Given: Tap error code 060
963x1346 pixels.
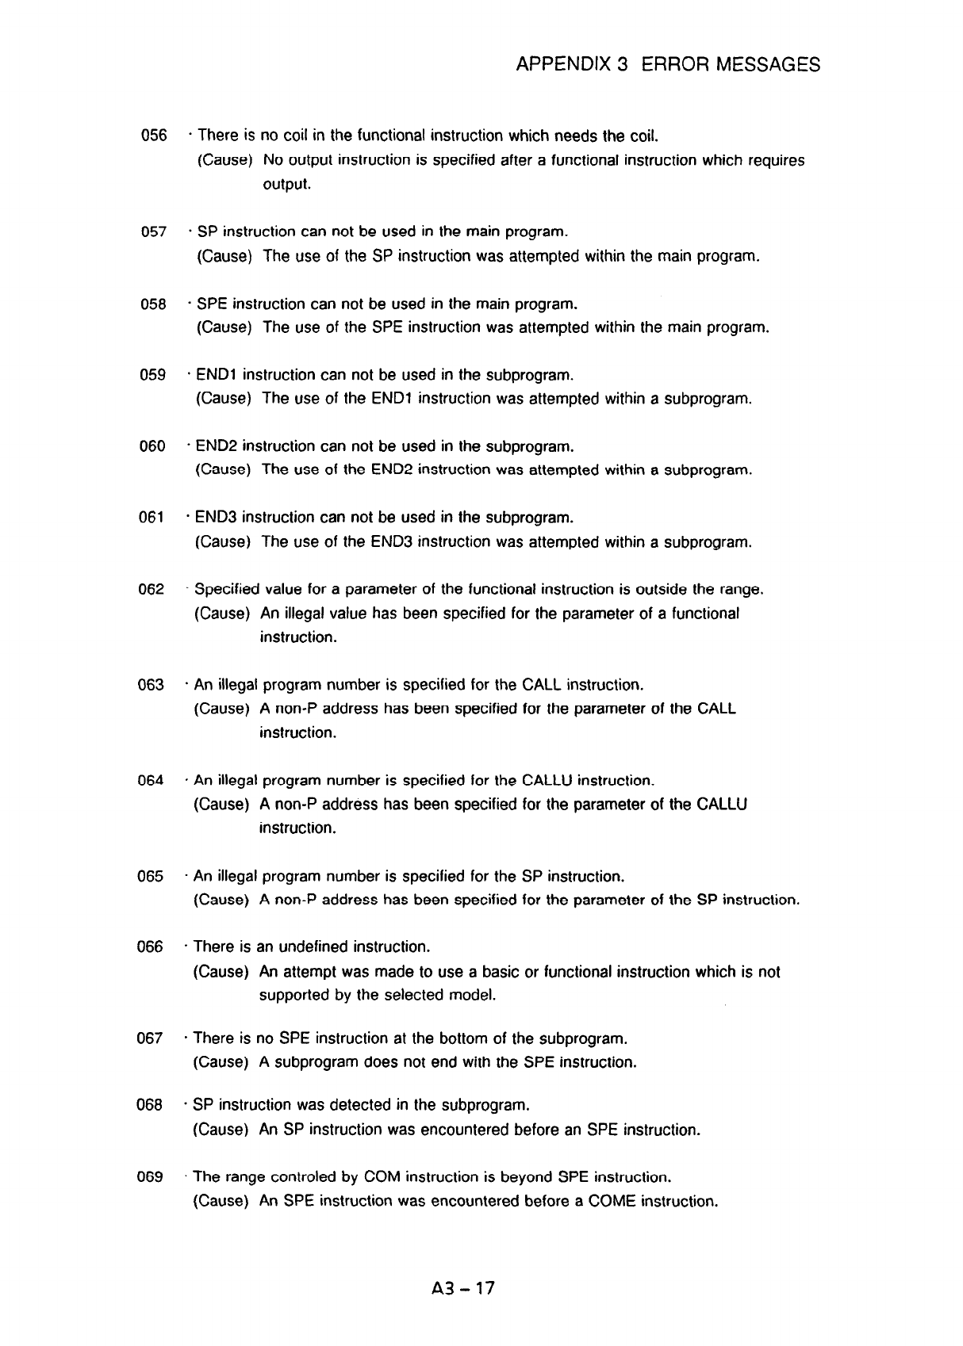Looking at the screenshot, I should pyautogui.click(x=152, y=446).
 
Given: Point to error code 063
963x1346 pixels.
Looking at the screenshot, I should pyautogui.click(x=151, y=685).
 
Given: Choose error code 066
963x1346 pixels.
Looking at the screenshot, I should pyautogui.click(x=150, y=947).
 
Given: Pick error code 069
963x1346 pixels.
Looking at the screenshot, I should pyautogui.click(x=150, y=1176).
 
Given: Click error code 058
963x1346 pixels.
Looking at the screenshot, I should pyautogui.click(x=153, y=304).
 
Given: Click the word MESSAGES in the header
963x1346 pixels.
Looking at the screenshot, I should pyautogui.click(x=767, y=64).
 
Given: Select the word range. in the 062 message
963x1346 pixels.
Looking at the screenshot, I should pyautogui.click(x=741, y=590).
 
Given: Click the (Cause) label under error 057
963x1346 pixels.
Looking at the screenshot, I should pyautogui.click(x=224, y=256).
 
